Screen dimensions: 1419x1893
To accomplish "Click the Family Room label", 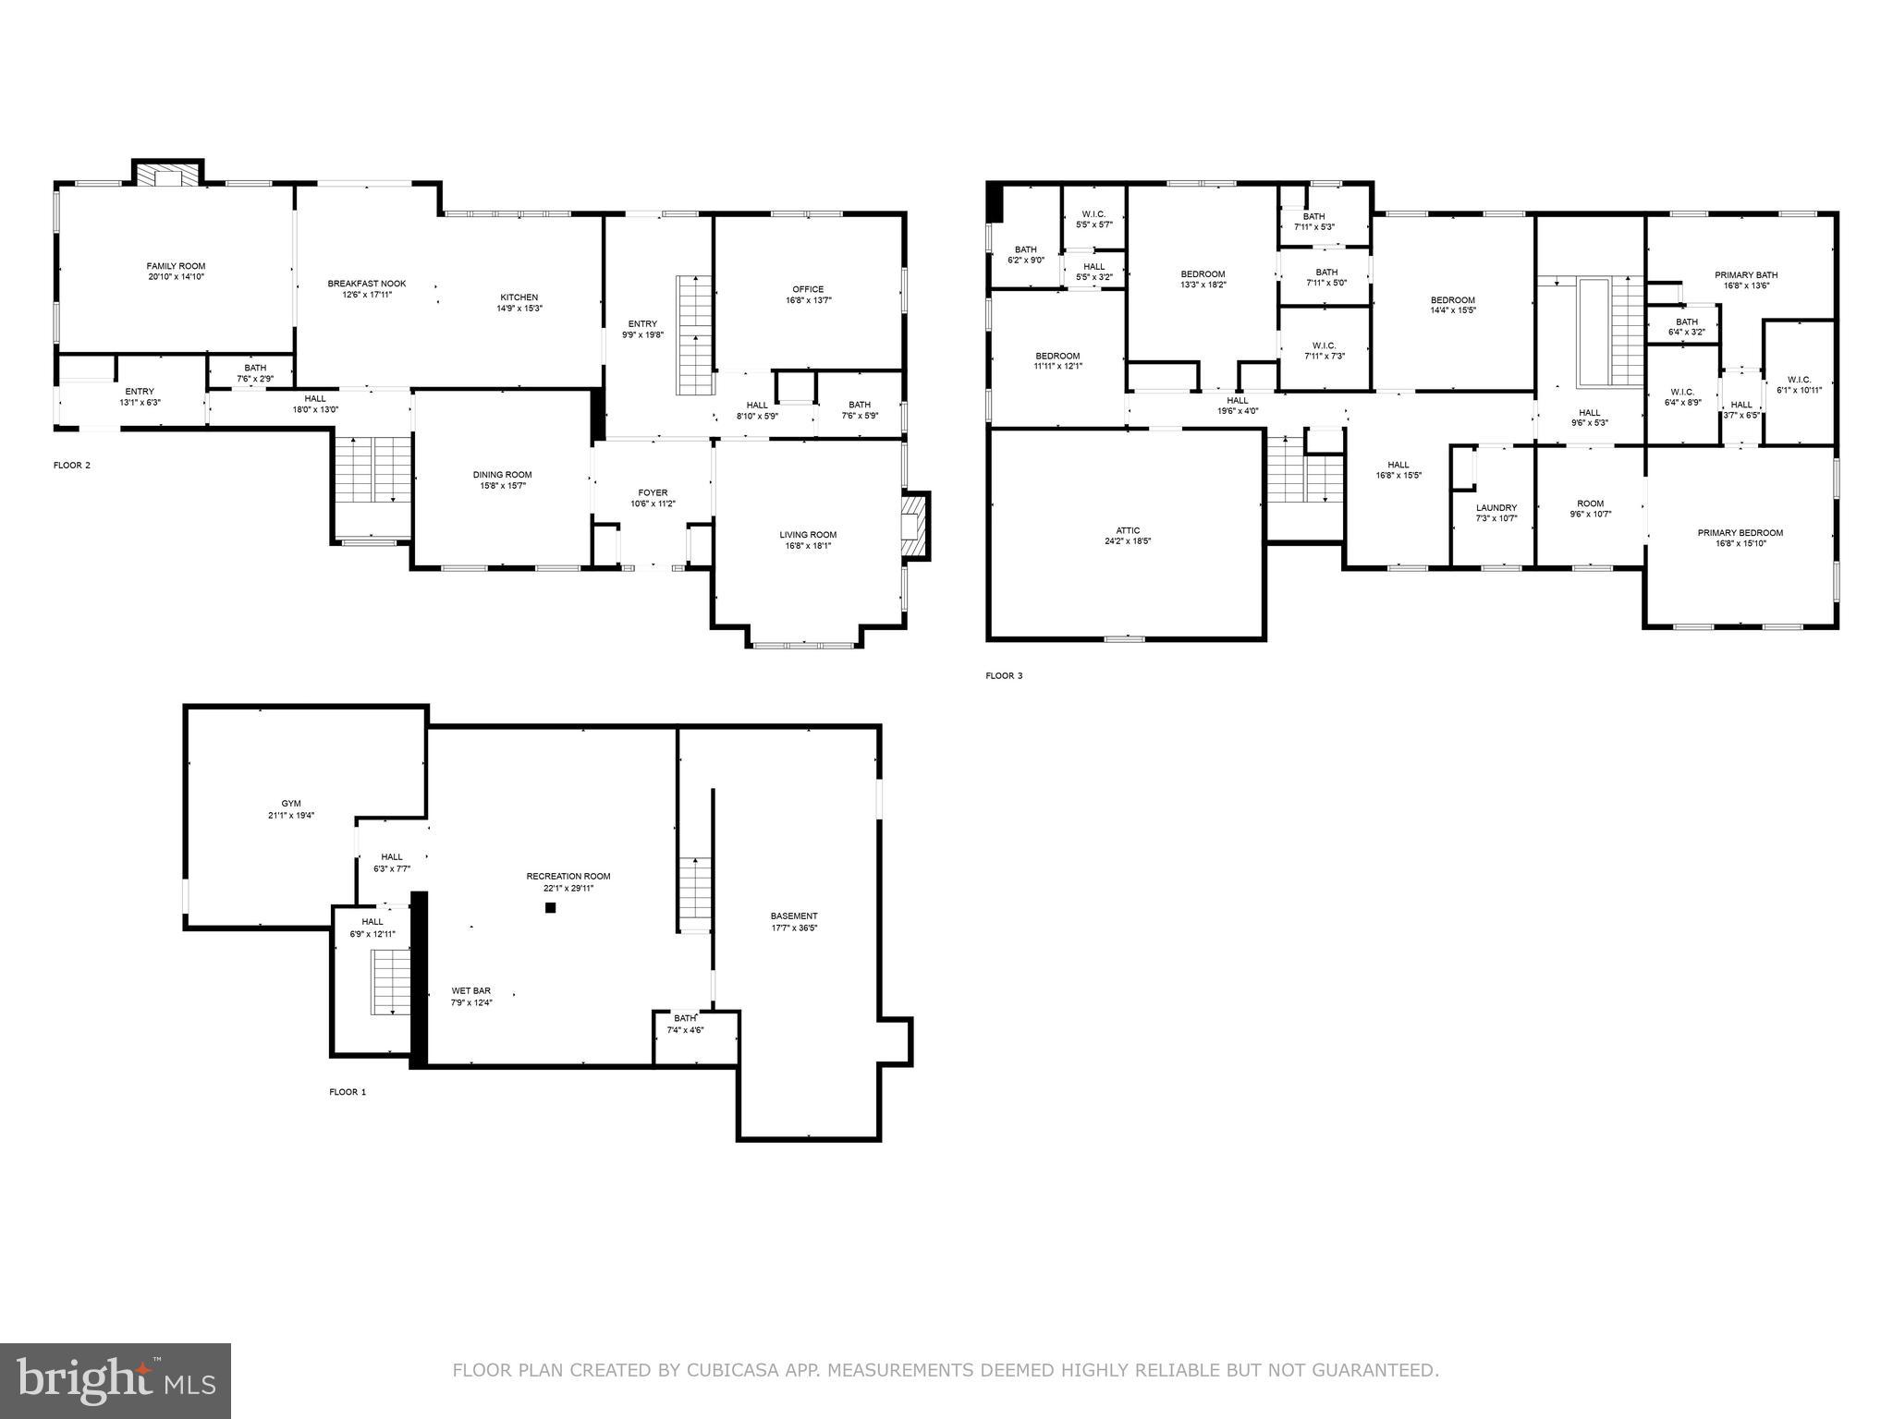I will pyautogui.click(x=176, y=266).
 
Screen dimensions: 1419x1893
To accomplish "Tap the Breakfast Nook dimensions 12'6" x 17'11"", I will pyautogui.click(x=367, y=295).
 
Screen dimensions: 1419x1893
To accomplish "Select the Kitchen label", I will pyautogui.click(x=519, y=297).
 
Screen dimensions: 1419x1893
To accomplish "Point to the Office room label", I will pyautogui.click(x=807, y=289).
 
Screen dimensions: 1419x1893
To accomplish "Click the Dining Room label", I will pyautogui.click(x=502, y=475).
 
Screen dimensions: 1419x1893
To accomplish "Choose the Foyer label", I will pyautogui.click(x=653, y=492).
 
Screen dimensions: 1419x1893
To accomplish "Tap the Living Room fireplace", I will pyautogui.click(x=914, y=527).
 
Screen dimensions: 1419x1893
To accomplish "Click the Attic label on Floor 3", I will pyautogui.click(x=1128, y=530).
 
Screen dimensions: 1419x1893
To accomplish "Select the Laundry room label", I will pyautogui.click(x=1496, y=507).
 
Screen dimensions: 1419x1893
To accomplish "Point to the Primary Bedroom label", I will pyautogui.click(x=1740, y=533).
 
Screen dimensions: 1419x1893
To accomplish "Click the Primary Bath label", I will pyautogui.click(x=1745, y=275).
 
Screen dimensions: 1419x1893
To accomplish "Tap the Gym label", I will pyautogui.click(x=291, y=804).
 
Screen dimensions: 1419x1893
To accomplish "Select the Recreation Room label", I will pyautogui.click(x=568, y=876).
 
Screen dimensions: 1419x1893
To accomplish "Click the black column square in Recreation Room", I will pyautogui.click(x=550, y=907).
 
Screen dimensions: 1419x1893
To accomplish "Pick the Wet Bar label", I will pyautogui.click(x=470, y=990).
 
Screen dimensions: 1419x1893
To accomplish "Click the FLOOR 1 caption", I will pyautogui.click(x=348, y=1092).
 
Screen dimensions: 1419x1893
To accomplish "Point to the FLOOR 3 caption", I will pyautogui.click(x=1004, y=676).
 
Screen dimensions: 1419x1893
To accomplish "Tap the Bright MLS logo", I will pyautogui.click(x=116, y=1379).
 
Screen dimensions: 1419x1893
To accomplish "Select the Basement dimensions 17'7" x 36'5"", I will pyautogui.click(x=794, y=928).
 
